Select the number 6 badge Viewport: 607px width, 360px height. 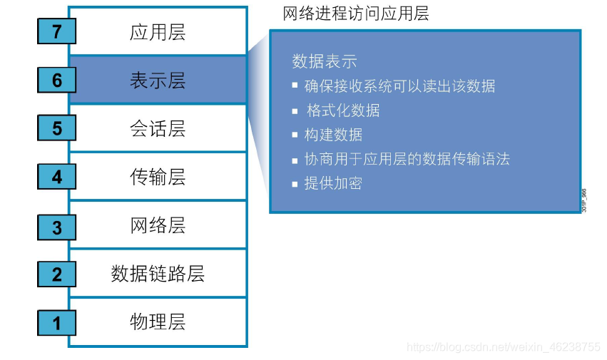(57, 81)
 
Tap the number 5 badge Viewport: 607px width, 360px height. (57, 129)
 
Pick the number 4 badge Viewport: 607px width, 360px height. (57, 177)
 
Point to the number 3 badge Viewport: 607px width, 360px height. (57, 227)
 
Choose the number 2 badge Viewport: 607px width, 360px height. (57, 274)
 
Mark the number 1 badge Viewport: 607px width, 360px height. (57, 323)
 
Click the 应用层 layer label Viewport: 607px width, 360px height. (158, 32)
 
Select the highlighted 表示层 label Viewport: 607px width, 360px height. (158, 81)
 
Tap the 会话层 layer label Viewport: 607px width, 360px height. (158, 129)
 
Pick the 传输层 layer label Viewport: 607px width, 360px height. (158, 177)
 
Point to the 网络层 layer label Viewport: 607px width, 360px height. (158, 226)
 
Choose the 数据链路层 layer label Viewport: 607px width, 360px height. (158, 274)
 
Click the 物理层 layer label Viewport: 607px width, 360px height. (158, 322)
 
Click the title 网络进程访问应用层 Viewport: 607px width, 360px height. (356, 14)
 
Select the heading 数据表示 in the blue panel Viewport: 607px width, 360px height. (325, 61)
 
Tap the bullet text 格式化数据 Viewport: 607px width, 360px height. (343, 110)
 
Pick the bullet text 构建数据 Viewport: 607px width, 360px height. (333, 135)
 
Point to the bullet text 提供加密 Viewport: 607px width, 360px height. (333, 183)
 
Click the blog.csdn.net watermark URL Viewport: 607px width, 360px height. (504, 347)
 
